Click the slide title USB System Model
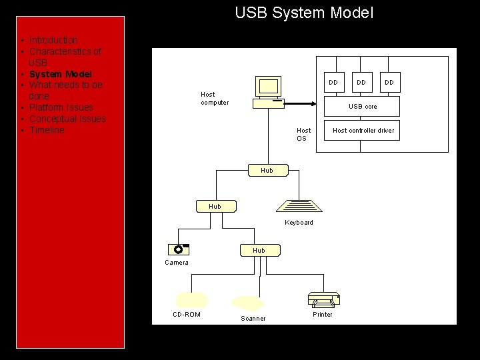coord(304,13)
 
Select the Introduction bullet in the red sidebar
coord(53,40)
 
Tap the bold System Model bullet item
coord(60,74)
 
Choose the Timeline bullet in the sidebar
coord(47,130)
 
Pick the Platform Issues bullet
coord(61,107)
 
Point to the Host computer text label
coord(214,99)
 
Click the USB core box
coord(362,107)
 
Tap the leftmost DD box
coord(333,82)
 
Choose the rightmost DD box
coord(389,82)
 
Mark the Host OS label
coord(303,135)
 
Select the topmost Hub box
coord(267,171)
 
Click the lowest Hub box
coord(259,251)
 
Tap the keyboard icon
coord(298,207)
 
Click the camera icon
coord(179,250)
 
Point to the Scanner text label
coord(253,319)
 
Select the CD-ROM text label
coord(187,315)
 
